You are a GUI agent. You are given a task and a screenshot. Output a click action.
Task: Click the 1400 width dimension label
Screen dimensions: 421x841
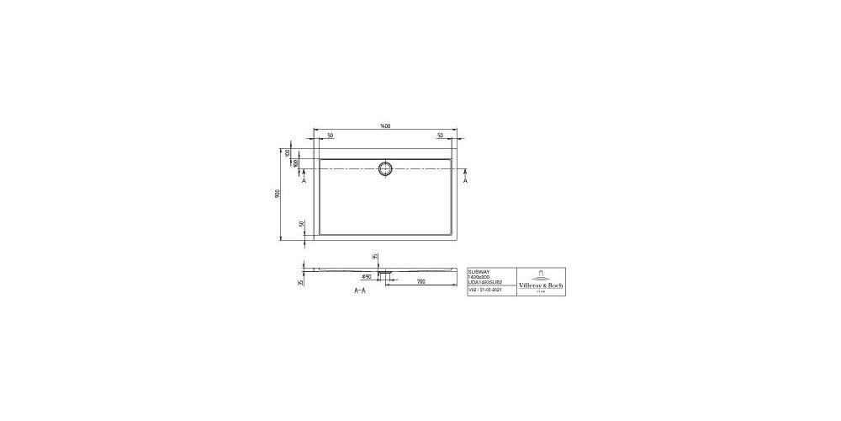coord(386,126)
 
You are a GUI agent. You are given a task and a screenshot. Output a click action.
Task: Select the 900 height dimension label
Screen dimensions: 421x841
coord(278,194)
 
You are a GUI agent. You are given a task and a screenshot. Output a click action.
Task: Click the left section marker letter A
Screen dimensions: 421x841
coord(304,180)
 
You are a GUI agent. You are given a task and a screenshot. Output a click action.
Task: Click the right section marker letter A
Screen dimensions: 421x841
coord(465,180)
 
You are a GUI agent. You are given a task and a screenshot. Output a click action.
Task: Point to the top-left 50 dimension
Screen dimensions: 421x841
coord(330,136)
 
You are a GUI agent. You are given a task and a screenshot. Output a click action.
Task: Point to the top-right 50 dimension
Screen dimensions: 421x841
coord(441,136)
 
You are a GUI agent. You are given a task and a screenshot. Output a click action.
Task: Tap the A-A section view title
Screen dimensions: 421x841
coord(359,290)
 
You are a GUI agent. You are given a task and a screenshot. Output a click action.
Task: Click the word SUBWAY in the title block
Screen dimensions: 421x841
coord(477,271)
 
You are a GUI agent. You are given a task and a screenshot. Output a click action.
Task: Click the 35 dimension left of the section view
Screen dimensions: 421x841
coord(301,282)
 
